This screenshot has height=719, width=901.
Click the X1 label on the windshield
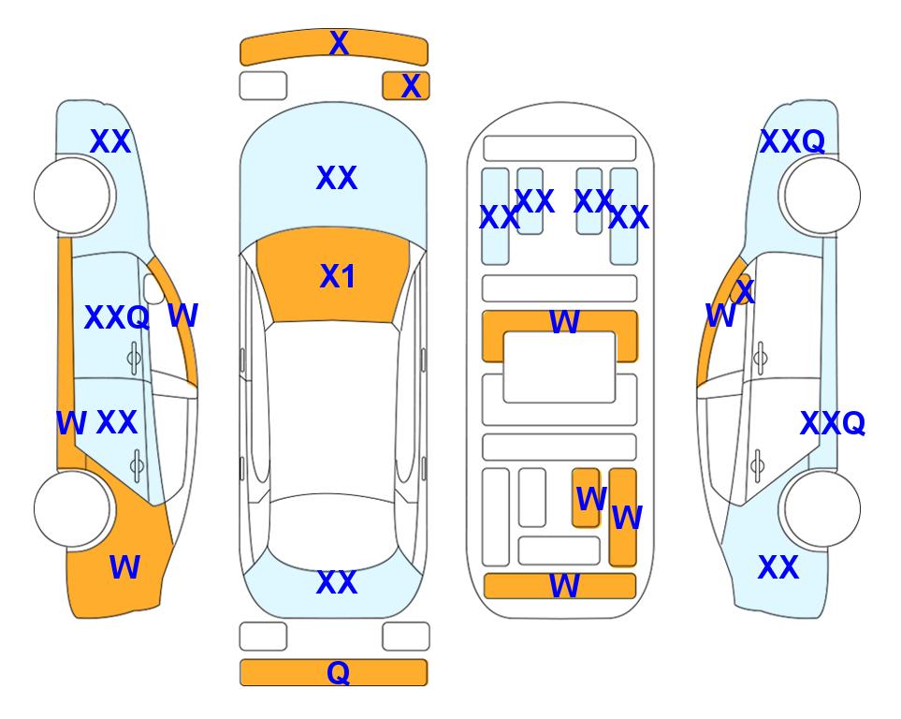tap(338, 276)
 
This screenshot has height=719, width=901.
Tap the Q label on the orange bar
tap(339, 672)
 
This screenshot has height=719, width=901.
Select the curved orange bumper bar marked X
tap(334, 48)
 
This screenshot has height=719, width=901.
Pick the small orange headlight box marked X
tap(406, 86)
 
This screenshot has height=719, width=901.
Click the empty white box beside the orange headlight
tap(263, 86)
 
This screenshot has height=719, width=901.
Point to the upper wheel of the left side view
tap(72, 197)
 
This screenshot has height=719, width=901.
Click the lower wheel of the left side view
tap(72, 509)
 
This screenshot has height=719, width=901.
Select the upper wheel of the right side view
tap(822, 197)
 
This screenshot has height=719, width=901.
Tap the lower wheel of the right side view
tap(822, 509)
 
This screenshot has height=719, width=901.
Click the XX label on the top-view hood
tap(337, 178)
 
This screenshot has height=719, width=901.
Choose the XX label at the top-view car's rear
tap(337, 582)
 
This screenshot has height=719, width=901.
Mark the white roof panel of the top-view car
tap(333, 408)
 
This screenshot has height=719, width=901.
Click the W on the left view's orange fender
tap(124, 567)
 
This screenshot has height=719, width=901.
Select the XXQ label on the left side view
tap(117, 317)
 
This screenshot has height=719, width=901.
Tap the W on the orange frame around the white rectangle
tap(564, 321)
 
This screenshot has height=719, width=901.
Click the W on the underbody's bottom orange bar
tap(564, 586)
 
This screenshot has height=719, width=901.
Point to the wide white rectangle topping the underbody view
tap(559, 149)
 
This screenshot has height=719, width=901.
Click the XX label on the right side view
tap(778, 567)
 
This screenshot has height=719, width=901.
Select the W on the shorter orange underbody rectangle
tap(591, 499)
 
